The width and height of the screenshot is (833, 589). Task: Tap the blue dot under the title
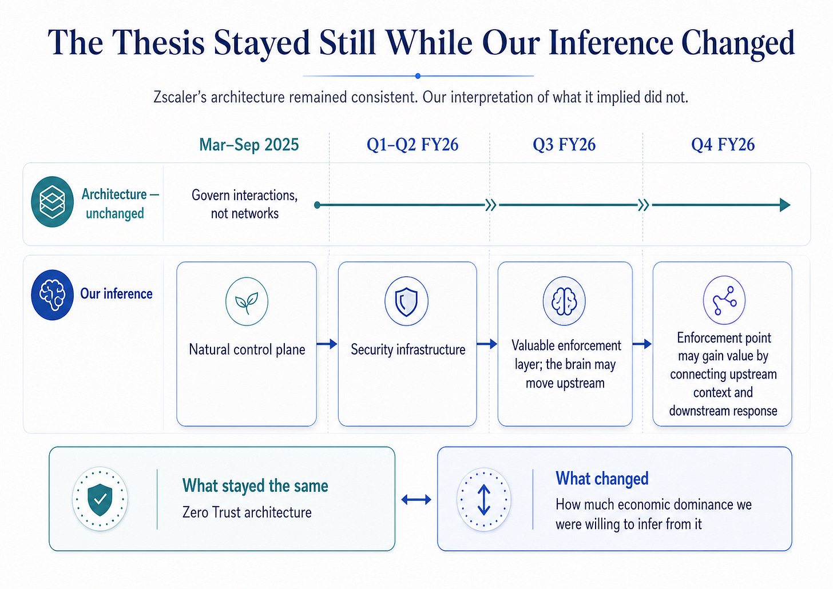point(418,76)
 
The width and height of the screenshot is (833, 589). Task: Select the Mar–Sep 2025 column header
point(249,145)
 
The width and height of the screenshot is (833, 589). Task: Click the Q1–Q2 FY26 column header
point(412,145)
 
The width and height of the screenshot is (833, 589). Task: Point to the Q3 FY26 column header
point(564,145)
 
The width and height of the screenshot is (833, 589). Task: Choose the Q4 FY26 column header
point(723,145)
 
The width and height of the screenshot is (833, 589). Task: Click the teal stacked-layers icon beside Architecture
point(53,202)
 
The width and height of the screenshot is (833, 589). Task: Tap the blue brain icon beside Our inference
point(52,294)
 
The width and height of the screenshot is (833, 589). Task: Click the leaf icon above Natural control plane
point(247,301)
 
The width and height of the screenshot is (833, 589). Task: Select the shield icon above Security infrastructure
point(406,301)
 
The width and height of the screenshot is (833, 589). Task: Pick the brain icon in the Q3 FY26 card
point(564,301)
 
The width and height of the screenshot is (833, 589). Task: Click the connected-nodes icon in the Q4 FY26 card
point(724,300)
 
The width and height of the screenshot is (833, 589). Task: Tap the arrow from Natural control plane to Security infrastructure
point(327,344)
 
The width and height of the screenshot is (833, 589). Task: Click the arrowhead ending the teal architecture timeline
point(785,205)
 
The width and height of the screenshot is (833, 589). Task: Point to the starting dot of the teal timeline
point(317,205)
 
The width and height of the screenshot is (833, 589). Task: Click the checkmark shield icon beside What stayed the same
point(100,499)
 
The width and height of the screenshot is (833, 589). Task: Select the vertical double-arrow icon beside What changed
point(484,499)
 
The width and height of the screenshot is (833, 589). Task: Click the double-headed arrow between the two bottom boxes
point(416,499)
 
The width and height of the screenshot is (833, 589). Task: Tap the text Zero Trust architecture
point(247,512)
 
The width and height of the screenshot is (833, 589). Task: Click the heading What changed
point(602,478)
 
